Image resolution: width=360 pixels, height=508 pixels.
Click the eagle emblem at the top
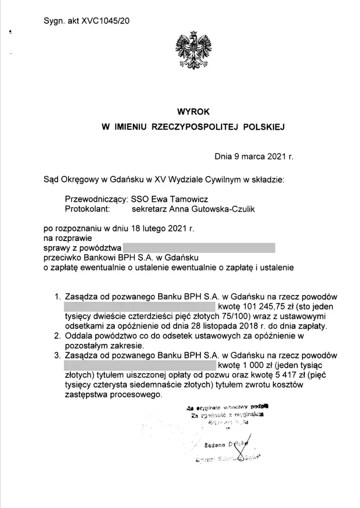[x=193, y=52]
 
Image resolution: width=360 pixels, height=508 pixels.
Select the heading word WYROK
[x=193, y=112]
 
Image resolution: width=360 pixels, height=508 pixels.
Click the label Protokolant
[x=87, y=208]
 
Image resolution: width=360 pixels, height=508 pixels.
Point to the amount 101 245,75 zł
[x=272, y=306]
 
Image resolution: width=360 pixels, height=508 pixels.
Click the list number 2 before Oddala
[x=57, y=337]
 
